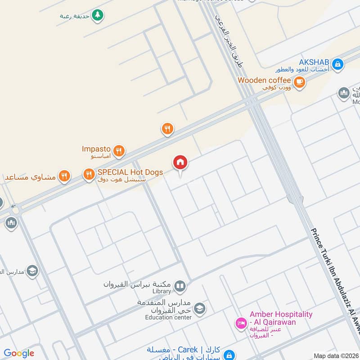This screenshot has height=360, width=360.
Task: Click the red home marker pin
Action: click(180, 162)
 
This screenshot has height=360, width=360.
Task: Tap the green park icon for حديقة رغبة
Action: click(97, 15)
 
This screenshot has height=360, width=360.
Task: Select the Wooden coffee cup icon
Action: click(299, 82)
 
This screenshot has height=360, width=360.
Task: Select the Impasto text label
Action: click(96, 148)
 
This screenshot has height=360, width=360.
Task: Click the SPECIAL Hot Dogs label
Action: click(130, 172)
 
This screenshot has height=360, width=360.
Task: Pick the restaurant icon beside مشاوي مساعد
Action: click(64, 176)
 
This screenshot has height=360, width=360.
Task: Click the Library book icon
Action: click(180, 286)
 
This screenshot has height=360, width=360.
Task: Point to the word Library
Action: click(162, 292)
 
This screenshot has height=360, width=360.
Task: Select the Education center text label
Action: click(168, 317)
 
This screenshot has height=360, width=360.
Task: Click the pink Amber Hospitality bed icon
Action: click(240, 323)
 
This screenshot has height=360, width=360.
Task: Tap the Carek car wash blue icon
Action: click(229, 354)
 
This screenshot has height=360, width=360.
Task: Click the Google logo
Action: click(19, 353)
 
